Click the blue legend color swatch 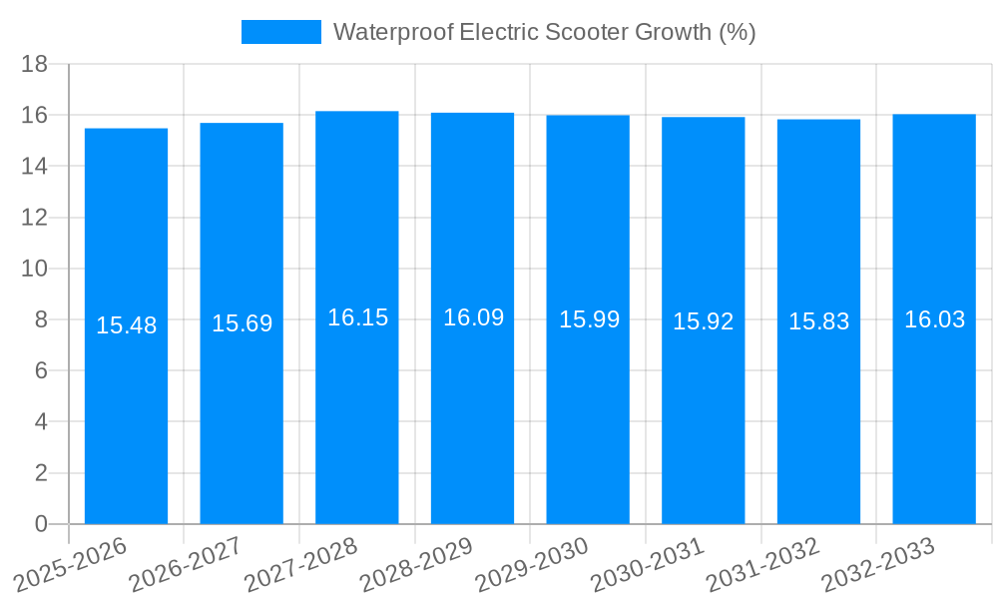point(280,32)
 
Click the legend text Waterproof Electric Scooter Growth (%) point(544,32)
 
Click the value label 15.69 point(242,323)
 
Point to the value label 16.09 point(473,317)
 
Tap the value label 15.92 point(704,321)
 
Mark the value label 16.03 point(934,319)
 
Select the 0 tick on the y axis point(41,524)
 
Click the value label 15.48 point(126,325)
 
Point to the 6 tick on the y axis point(41,370)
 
